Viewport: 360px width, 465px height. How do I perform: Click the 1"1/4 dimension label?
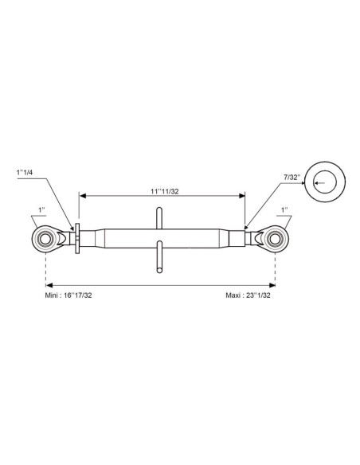click(x=25, y=172)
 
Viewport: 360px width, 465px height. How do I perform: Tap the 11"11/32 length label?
click(x=165, y=192)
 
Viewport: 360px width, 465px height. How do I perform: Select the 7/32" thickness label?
click(x=292, y=178)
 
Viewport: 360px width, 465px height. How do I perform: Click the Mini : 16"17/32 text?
click(x=68, y=295)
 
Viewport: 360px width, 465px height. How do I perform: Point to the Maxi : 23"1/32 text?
click(x=248, y=295)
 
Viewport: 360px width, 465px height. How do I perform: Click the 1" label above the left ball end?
click(x=41, y=210)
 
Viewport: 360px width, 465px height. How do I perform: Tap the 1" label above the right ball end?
click(x=284, y=210)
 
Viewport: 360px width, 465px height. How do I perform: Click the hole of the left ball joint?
click(x=45, y=239)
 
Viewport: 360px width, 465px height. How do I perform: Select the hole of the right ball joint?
click(x=275, y=239)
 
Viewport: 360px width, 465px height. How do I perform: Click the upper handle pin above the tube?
click(x=159, y=218)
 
